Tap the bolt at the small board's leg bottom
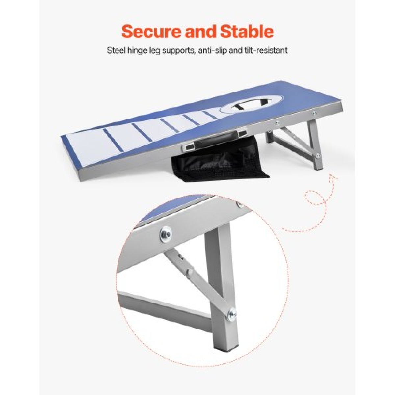[318, 155]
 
